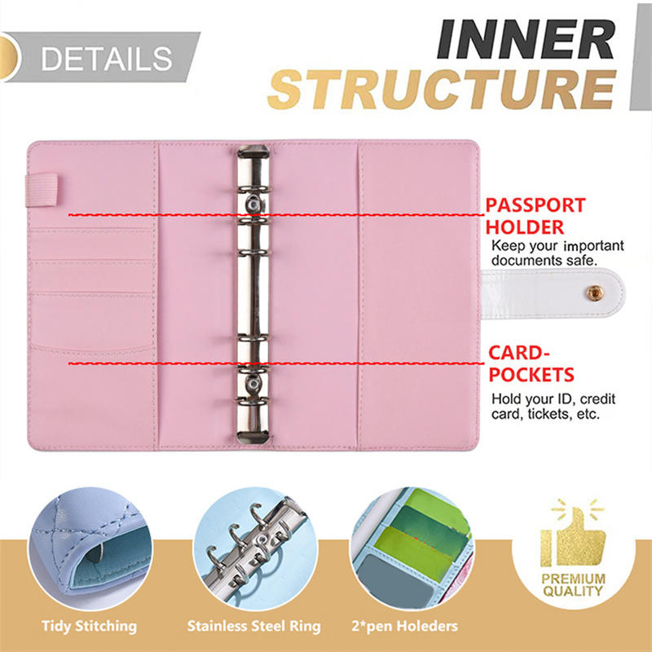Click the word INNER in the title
coord(526,38)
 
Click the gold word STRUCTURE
coord(442,89)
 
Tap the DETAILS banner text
coord(107,58)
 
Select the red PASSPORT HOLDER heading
coord(535,216)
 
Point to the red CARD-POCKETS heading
coord(531,363)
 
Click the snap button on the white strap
coord(596,292)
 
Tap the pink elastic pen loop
coord(42,190)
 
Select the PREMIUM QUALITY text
coord(573,584)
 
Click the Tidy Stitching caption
coord(89,626)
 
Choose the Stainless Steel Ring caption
coord(253,626)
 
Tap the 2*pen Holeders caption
coord(404,626)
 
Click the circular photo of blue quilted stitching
coord(90,548)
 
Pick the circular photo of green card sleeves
coord(412,548)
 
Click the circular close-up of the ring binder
coord(255,548)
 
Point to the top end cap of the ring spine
coord(253,152)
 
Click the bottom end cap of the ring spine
coord(253,436)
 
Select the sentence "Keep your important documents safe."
coord(557,253)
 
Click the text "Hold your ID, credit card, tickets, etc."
coord(553,406)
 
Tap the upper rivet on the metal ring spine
coord(253,205)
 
